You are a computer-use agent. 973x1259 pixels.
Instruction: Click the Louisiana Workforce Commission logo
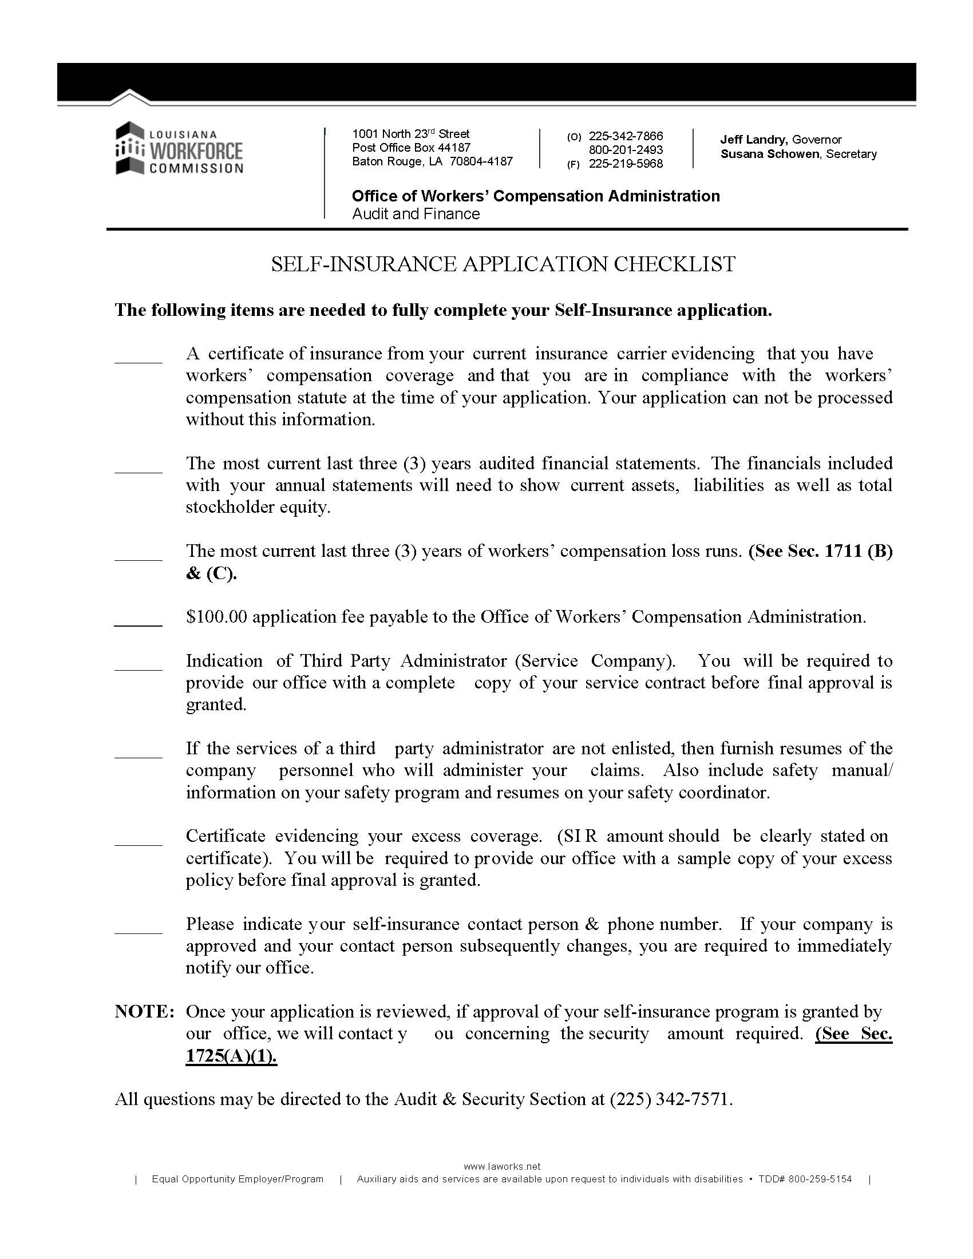point(179,148)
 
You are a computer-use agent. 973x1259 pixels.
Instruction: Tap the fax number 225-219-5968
point(626,164)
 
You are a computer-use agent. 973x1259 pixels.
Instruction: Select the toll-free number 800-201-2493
point(626,150)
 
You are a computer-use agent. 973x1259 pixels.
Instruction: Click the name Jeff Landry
point(753,140)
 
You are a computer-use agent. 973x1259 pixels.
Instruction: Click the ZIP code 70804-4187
point(481,161)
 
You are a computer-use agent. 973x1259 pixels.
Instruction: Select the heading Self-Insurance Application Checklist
point(503,264)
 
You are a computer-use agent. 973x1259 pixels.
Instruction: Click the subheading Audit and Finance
point(416,214)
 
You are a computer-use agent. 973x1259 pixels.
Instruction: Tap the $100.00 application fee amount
point(216,617)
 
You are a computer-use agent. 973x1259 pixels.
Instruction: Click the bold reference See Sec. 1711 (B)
point(820,551)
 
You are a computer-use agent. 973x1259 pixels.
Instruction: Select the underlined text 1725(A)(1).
point(231,1056)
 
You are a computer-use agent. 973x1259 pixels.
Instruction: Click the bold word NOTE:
point(144,1012)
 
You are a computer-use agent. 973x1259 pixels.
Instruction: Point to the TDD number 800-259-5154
point(820,1179)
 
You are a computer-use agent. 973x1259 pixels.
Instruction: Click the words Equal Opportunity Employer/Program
point(238,1179)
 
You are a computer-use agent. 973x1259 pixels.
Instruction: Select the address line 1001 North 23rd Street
point(410,134)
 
